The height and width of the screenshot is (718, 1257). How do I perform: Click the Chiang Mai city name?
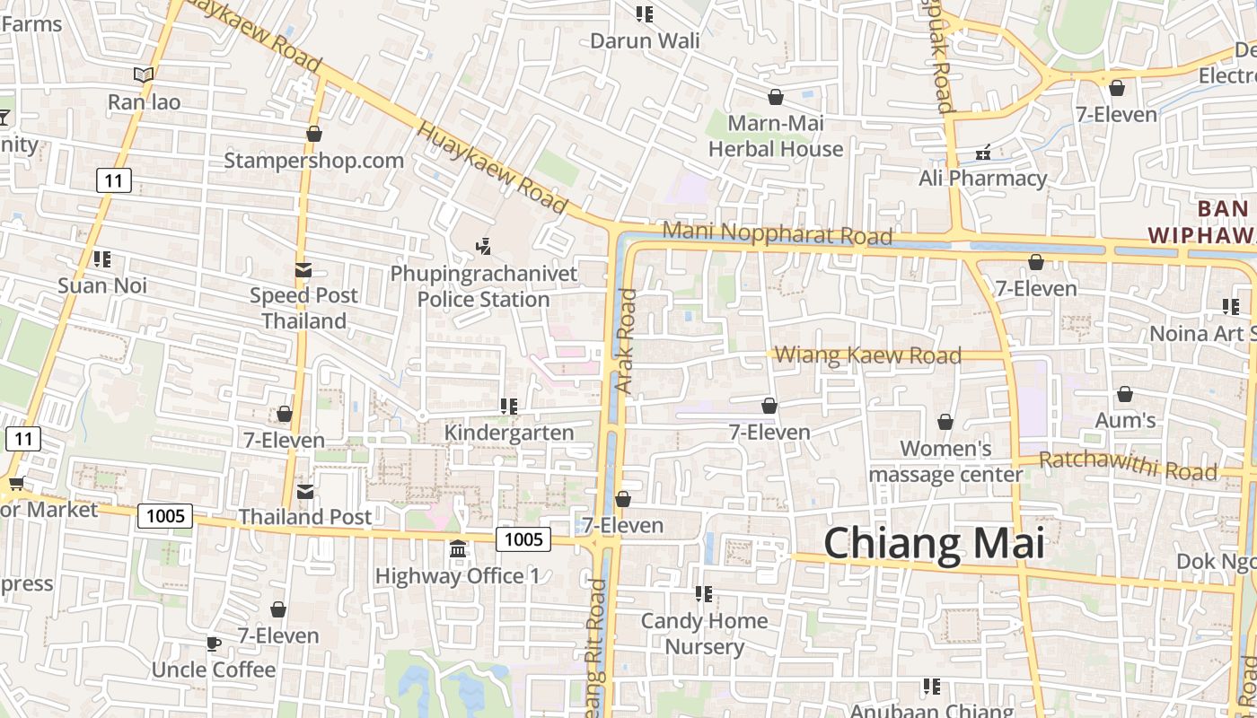(x=934, y=544)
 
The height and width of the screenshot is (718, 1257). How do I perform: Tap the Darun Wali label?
(x=645, y=40)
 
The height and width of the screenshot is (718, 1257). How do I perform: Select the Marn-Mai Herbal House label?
(x=776, y=136)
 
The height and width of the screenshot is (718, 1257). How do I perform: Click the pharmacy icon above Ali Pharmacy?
(x=983, y=152)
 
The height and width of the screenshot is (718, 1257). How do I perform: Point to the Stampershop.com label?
(x=313, y=161)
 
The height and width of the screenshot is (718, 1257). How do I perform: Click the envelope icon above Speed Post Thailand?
(x=303, y=269)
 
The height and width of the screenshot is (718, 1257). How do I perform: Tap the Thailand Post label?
(x=304, y=517)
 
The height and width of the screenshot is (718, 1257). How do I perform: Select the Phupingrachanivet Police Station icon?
(x=483, y=245)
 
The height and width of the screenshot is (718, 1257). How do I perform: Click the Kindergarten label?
(x=509, y=433)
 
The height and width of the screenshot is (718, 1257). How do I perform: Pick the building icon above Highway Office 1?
(x=458, y=548)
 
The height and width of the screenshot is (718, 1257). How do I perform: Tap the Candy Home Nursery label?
(x=704, y=634)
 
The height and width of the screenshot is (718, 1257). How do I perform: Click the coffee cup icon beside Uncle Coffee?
(x=213, y=644)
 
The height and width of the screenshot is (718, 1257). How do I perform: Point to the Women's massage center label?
(x=945, y=461)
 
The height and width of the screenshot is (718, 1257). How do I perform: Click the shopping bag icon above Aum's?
(x=1124, y=394)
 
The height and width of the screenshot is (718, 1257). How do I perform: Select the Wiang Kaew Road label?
(x=867, y=355)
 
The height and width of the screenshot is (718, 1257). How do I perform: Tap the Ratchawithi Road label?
(x=1128, y=466)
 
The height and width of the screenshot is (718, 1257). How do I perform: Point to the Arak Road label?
(x=626, y=340)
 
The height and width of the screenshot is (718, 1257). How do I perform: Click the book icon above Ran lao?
(x=144, y=74)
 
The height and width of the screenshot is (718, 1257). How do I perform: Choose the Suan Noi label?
(x=102, y=285)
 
